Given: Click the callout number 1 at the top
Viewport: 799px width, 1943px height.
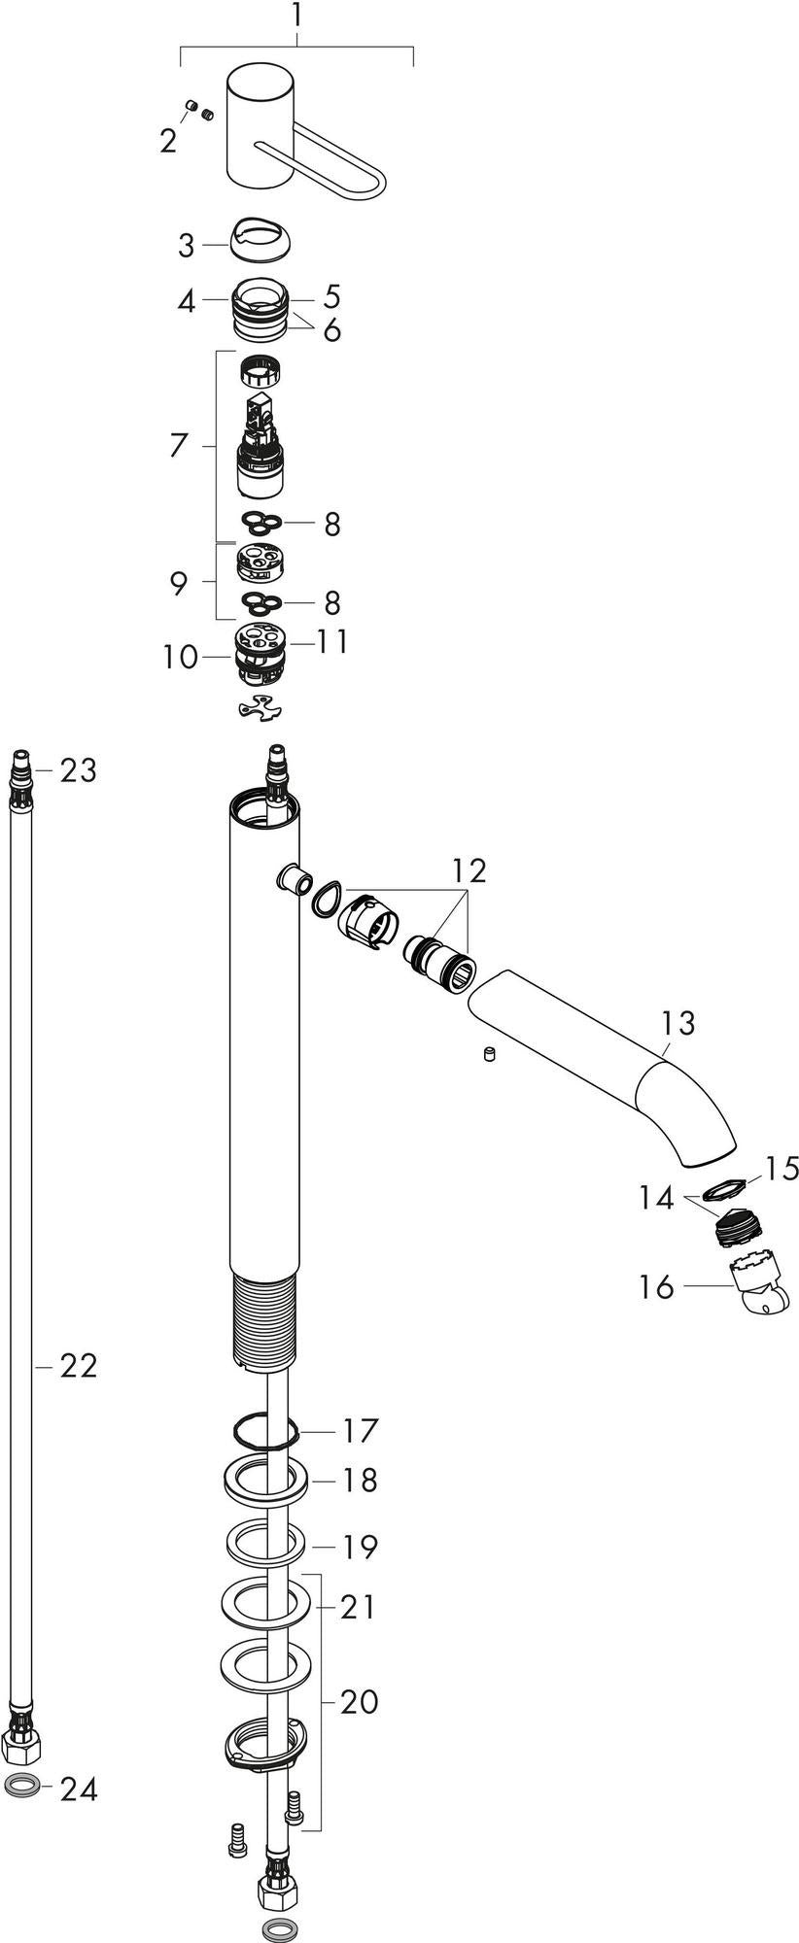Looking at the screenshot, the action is pos(297,17).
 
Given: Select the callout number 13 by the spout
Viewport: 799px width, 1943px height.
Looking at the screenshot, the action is pos(678,1023).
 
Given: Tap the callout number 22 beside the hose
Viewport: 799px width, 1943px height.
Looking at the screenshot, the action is pos(79,1366).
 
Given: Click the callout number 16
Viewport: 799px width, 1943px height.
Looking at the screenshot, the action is pos(657,1287).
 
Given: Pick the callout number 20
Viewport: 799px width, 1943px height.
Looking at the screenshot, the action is pos(359,1702).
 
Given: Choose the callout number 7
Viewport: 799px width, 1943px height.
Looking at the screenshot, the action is pos(178,446).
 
